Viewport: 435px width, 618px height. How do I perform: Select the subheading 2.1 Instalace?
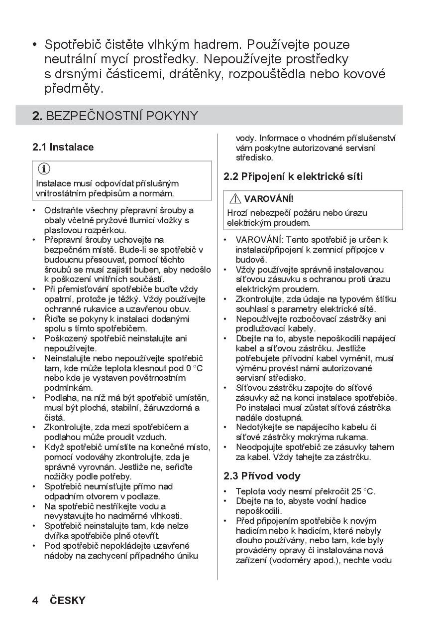63,147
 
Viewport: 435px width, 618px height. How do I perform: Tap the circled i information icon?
44,169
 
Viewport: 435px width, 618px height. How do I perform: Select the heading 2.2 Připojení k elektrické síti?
293,176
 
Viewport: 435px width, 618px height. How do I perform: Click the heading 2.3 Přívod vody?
262,476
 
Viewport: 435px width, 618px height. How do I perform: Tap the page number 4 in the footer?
35,600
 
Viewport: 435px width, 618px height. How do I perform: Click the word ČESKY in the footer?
68,600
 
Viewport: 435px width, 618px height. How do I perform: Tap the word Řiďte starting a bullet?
55,319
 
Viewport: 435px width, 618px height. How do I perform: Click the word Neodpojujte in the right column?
261,447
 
